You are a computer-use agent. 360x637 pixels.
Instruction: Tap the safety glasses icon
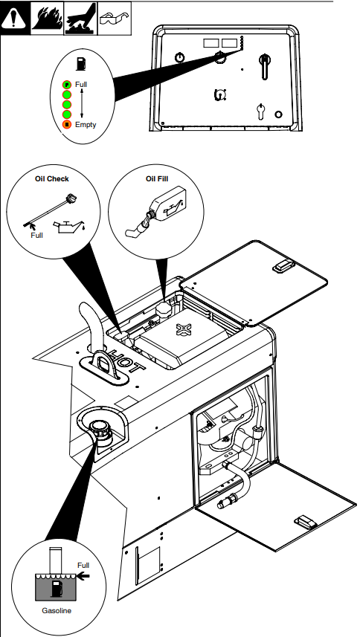[x=115, y=19]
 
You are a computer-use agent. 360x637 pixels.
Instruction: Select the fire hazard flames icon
[x=47, y=19]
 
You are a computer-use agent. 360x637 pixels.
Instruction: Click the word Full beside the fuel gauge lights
[x=81, y=85]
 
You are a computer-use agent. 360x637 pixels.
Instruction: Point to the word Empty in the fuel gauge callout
[x=86, y=124]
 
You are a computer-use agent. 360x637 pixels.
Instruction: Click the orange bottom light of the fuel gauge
[x=67, y=124]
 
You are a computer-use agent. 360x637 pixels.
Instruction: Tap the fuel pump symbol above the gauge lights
[x=81, y=64]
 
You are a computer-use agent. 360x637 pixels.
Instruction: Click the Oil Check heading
[x=52, y=178]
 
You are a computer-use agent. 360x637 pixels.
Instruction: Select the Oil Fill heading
[x=157, y=178]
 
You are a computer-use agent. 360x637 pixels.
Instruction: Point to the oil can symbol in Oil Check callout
[x=68, y=227]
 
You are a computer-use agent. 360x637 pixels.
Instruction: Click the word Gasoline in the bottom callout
[x=57, y=610]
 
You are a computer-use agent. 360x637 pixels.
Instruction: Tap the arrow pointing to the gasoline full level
[x=83, y=575]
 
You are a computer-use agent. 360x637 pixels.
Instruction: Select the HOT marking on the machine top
[x=126, y=361]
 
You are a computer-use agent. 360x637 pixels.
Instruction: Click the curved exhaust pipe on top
[x=91, y=325]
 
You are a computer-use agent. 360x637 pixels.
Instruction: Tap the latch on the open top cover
[x=283, y=266]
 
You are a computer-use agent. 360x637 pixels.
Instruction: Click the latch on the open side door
[x=306, y=521]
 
